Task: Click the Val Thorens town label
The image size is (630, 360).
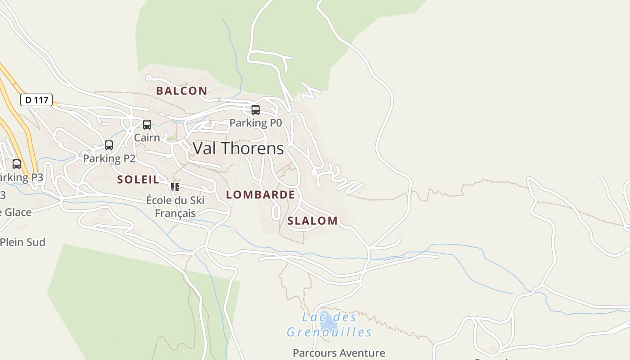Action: coord(238,148)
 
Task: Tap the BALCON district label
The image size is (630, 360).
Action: coord(182,91)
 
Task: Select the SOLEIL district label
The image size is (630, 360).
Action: coord(138,180)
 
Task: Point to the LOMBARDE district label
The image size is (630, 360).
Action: coord(261,195)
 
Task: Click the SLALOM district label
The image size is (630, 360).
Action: coord(312,221)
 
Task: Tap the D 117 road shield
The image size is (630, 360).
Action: coord(36,99)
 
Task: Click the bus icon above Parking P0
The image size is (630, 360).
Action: coord(256,110)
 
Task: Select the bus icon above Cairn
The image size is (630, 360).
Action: coord(147,125)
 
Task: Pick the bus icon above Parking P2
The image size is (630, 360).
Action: coord(109,145)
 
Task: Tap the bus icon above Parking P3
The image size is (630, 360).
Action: coord(17,164)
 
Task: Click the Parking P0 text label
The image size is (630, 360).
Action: coord(256,123)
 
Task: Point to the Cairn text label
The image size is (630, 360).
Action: coord(147,137)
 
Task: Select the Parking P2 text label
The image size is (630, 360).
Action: coord(109,158)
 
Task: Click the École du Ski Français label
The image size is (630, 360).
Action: coord(175,207)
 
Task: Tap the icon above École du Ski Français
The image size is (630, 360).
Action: coord(175,187)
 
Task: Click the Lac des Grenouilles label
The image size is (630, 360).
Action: coord(329,324)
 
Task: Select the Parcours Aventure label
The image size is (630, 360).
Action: coord(339,353)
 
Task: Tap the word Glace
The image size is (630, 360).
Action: coord(18,212)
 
